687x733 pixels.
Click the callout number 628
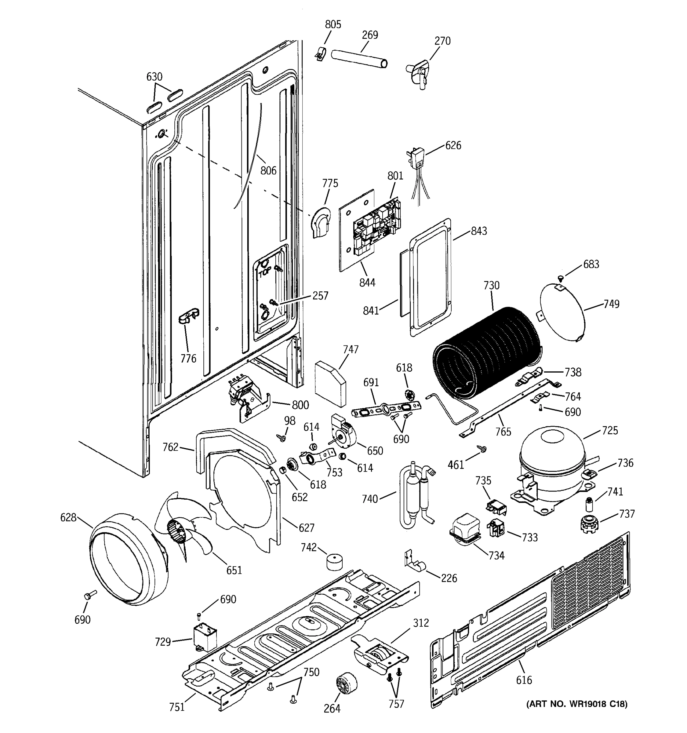coord(68,518)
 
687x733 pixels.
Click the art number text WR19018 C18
coord(577,704)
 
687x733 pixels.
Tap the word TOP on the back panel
coord(265,273)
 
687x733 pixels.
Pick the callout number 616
coord(524,680)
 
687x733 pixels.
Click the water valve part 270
coord(418,74)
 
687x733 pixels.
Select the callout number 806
coord(268,170)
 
